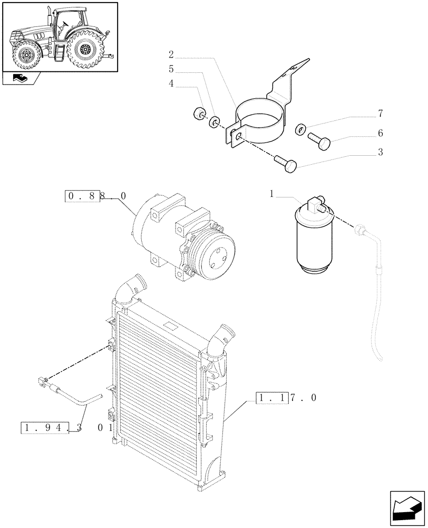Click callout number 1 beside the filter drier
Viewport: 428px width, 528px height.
coord(272,194)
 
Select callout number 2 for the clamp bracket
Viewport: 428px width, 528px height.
coord(171,54)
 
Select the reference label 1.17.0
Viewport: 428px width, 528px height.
coord(286,398)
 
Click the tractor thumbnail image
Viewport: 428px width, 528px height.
coord(60,37)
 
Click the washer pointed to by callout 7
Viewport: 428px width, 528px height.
coord(299,127)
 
